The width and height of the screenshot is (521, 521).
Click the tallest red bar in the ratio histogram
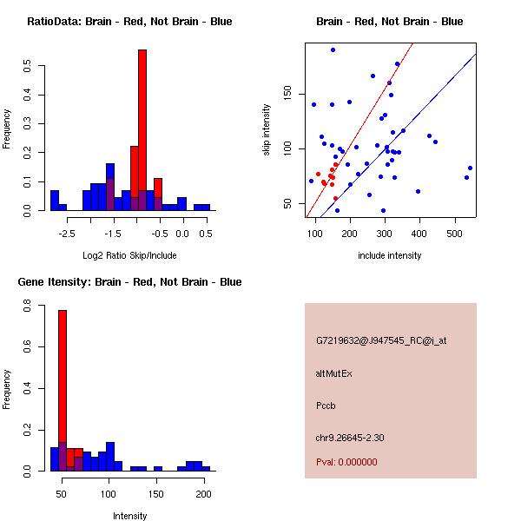point(142,130)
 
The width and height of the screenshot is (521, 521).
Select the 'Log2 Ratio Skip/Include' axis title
point(129,255)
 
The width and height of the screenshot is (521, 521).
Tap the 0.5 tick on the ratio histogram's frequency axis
point(28,64)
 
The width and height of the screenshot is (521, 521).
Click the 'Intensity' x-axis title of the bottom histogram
point(129,516)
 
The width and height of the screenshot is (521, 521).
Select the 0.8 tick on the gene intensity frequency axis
point(28,307)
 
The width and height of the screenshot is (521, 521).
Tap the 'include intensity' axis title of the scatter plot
point(390,255)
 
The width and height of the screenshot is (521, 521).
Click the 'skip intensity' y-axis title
point(268,130)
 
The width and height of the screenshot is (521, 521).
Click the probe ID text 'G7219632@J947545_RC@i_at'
point(381,341)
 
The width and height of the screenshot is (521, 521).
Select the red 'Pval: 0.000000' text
point(346,462)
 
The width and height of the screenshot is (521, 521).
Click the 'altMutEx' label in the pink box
point(334,373)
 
